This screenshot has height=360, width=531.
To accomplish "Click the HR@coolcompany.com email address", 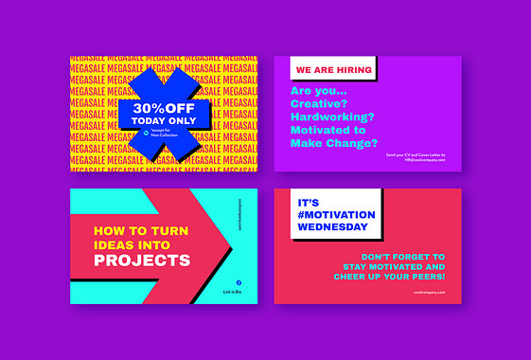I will [x=424, y=159].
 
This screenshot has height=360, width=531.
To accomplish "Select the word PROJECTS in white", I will [x=142, y=261].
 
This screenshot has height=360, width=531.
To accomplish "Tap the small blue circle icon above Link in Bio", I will [x=238, y=281].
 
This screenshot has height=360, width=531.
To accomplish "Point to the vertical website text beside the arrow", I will [x=241, y=215].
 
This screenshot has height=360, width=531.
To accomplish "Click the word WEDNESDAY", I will [x=332, y=226].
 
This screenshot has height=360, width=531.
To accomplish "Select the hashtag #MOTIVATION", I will [x=336, y=214].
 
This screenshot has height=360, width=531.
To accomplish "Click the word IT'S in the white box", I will [x=310, y=202].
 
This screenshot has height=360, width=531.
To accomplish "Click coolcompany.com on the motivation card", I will [x=428, y=294].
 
